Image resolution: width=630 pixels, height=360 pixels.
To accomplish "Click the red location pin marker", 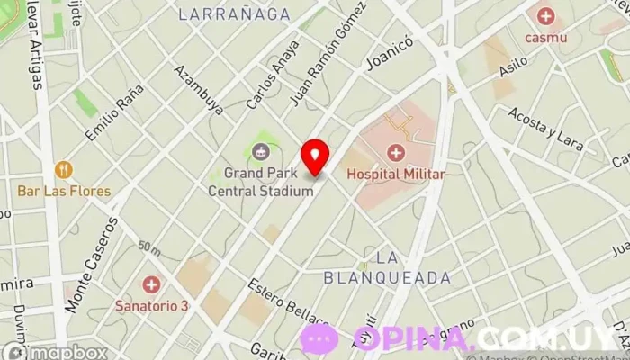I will tap(315, 156).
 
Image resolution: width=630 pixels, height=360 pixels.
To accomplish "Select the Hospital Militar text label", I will tap(395, 175).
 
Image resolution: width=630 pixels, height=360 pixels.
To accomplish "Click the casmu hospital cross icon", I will tap(545, 16).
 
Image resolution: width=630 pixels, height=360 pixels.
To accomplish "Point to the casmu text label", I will tap(545, 38).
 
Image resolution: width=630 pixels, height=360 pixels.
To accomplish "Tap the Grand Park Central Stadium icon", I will tap(261, 152).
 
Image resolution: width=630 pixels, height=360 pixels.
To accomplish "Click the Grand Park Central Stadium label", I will tap(261, 181).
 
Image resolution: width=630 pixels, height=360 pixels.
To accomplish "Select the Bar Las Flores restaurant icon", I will tap(64, 170).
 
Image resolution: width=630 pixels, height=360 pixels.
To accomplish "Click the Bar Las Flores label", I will tap(64, 191).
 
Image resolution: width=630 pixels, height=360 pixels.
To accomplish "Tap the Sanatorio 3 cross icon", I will tap(151, 284).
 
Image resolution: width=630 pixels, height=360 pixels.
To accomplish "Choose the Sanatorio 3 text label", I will tap(151, 305).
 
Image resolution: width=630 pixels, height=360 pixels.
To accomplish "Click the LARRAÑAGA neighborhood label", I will tap(234, 13).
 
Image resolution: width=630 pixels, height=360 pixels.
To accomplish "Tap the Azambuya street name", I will tap(199, 90).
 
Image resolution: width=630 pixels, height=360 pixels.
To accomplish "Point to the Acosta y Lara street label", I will tap(545, 126).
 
